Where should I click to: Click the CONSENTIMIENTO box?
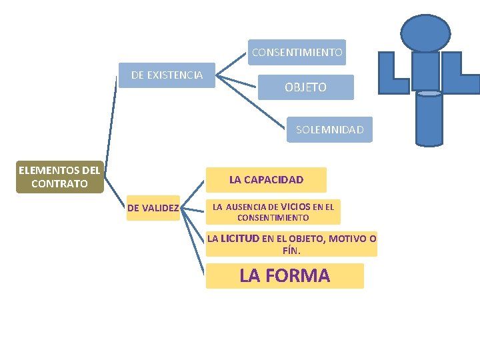[x=297, y=52]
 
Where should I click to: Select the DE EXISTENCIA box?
[x=167, y=75]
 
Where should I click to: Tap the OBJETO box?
[x=305, y=87]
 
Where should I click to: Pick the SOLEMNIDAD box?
[x=329, y=130]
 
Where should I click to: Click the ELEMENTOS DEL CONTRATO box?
[x=59, y=177]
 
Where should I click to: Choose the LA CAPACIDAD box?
[x=266, y=179]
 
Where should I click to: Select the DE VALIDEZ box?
[x=153, y=208]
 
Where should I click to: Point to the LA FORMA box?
[x=285, y=276]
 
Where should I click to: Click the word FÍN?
[x=291, y=251]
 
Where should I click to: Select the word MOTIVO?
[x=347, y=238]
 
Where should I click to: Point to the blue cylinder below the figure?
[x=429, y=119]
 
